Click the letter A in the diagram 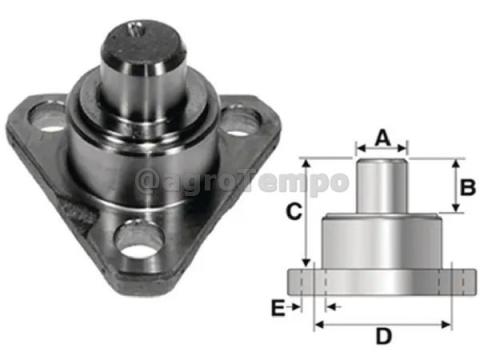tap(381, 136)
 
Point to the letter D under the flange tap(382, 335)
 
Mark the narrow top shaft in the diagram tap(381, 188)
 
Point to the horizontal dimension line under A tap(381, 152)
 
